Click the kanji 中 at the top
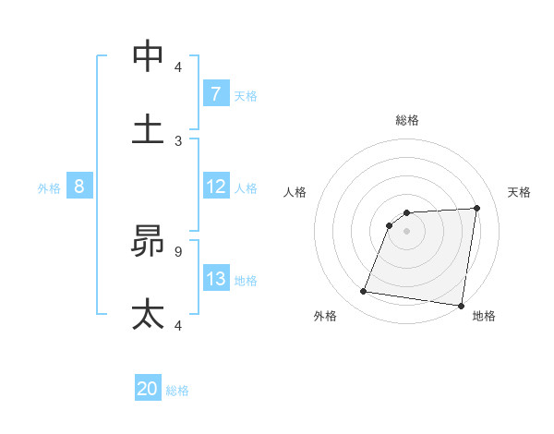click(148, 56)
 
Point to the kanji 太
click(148, 314)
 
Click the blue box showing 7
click(215, 94)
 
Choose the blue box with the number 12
click(215, 187)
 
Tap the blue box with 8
click(79, 187)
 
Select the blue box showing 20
click(148, 390)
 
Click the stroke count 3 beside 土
click(178, 140)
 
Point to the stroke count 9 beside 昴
click(178, 250)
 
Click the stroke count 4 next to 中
click(178, 66)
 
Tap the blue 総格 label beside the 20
click(178, 391)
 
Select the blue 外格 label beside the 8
click(49, 188)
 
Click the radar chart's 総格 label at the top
click(407, 120)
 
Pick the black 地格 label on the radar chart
click(484, 317)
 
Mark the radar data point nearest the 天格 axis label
click(477, 208)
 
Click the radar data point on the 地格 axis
click(461, 306)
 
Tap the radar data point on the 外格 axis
click(364, 292)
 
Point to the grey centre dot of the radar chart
click(407, 232)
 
